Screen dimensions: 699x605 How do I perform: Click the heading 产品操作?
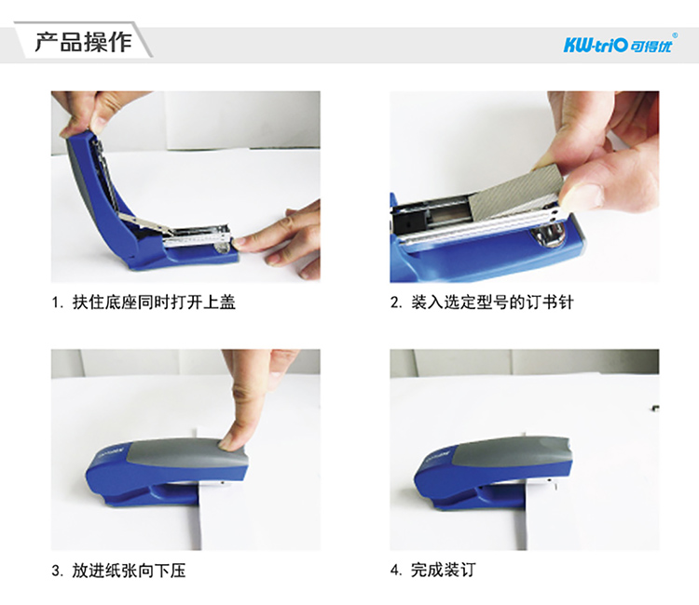(83, 42)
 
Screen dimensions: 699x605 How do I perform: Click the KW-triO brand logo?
(619, 45)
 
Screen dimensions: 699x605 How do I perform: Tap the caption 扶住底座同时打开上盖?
(154, 302)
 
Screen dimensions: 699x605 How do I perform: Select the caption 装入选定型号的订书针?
(492, 302)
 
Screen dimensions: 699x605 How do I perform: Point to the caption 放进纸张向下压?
(130, 571)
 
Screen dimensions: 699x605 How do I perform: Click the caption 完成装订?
(444, 571)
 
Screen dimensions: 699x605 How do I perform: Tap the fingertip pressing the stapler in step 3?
(233, 437)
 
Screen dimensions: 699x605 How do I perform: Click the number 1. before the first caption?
(57, 303)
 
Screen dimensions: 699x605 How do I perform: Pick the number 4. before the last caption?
(396, 571)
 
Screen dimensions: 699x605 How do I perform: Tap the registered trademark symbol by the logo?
(675, 35)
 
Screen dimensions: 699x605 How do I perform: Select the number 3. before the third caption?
(57, 571)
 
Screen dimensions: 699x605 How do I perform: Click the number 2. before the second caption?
(396, 303)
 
